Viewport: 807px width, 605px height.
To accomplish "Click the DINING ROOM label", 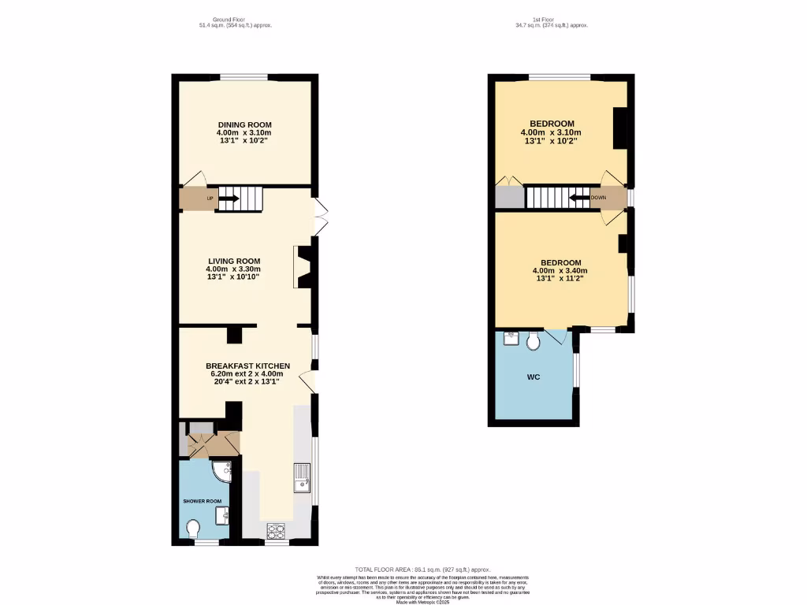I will point(244,124).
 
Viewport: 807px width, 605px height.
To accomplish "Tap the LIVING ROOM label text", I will point(234,261).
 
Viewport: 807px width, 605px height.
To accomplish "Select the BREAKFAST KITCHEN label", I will point(247,366).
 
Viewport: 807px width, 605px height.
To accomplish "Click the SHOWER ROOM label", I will point(203,501).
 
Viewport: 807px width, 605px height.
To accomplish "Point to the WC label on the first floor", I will point(533,377).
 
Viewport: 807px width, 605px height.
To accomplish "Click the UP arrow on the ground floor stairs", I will point(228,199).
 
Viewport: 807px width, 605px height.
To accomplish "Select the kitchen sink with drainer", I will point(303,477).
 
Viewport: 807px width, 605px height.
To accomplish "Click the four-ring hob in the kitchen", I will point(277,529).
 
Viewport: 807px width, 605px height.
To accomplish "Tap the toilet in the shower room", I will point(193,527).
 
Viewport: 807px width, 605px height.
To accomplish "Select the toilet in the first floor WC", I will point(534,340).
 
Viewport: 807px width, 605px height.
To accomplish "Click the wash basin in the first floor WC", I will point(511,339).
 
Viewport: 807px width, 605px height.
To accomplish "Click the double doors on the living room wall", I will point(319,214).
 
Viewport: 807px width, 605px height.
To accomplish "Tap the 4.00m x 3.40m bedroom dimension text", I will point(560,270).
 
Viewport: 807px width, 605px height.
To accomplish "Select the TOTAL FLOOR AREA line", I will point(422,569).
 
